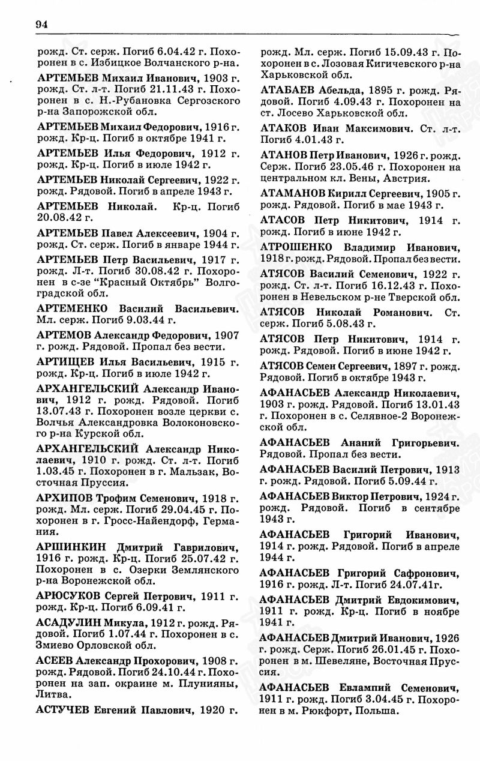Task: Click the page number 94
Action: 41,24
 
